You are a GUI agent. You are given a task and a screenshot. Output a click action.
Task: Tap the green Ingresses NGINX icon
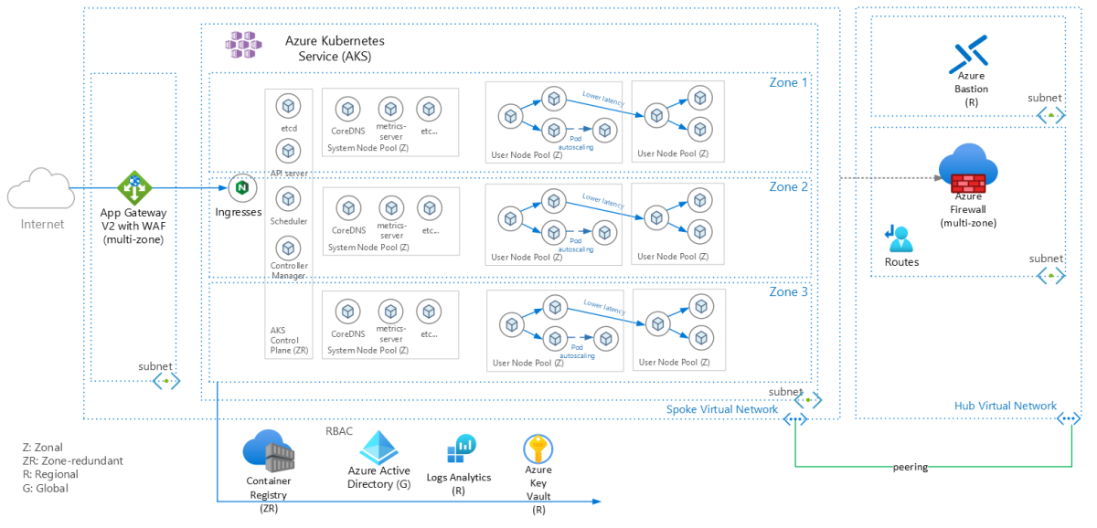coord(241,188)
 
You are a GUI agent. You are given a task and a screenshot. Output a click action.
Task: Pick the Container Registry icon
coord(267,451)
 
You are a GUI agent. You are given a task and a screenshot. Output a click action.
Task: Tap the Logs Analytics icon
coord(460,449)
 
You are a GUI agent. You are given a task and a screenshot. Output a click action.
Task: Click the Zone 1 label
coord(788,82)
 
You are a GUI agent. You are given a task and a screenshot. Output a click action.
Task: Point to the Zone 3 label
coord(788,292)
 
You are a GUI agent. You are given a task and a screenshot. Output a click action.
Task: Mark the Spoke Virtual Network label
coord(722,409)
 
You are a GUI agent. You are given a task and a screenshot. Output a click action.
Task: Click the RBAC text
coord(340,431)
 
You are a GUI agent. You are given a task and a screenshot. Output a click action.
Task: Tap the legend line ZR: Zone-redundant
coord(72,461)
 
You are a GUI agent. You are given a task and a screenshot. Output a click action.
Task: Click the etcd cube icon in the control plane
coord(288,107)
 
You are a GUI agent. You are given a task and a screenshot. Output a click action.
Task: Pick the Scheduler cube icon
coord(288,199)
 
